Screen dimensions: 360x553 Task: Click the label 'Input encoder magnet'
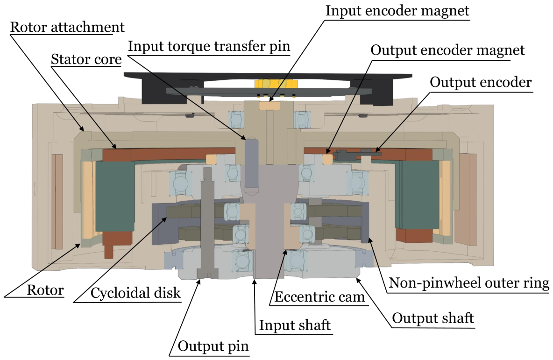click(x=397, y=11)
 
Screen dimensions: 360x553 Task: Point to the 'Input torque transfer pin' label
click(x=209, y=46)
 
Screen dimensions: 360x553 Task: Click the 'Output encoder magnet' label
click(x=447, y=50)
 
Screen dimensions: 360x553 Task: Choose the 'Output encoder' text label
click(x=481, y=83)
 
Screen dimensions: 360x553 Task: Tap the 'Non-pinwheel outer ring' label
click(x=469, y=283)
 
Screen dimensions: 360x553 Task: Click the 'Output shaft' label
click(x=433, y=318)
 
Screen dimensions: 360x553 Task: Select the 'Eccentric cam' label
click(x=319, y=297)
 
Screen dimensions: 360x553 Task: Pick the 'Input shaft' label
click(x=295, y=325)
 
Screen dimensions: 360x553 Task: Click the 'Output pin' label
click(x=214, y=346)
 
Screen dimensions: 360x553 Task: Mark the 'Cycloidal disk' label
click(x=136, y=293)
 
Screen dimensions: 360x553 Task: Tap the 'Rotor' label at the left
click(x=45, y=290)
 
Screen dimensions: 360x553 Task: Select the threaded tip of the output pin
click(x=208, y=174)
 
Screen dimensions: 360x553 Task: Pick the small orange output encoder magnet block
click(x=328, y=159)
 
